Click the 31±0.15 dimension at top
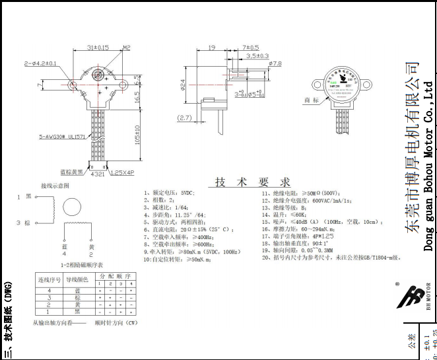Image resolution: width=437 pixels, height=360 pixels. point(98,48)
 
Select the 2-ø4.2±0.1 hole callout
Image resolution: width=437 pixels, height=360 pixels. point(40,63)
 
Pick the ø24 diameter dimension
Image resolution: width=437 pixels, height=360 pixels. point(182,85)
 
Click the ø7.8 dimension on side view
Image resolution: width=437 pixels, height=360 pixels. point(274,64)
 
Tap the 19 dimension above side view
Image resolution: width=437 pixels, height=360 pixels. point(212,48)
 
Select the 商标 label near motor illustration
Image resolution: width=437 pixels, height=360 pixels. point(311,100)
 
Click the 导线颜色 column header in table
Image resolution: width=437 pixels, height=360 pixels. point(77,279)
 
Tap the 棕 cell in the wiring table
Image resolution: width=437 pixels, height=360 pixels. point(77,297)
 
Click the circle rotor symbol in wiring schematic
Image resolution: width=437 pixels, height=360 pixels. point(69,210)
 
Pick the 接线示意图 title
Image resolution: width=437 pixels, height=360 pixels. point(57,186)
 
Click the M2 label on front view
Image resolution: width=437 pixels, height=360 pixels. point(126,48)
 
